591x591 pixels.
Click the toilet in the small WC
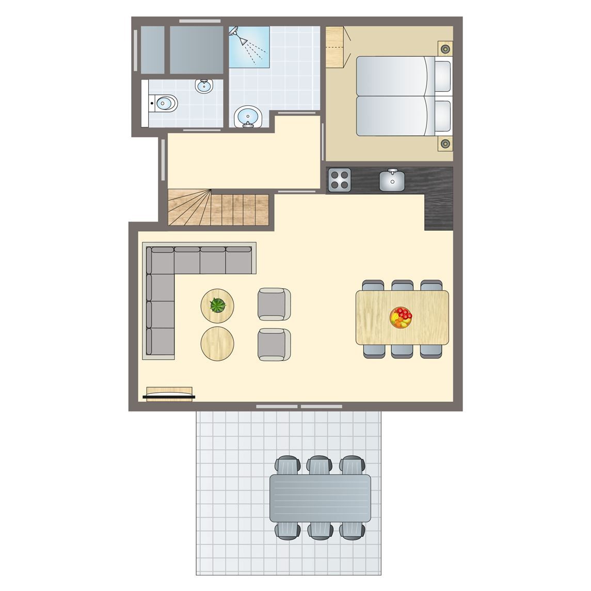coord(164,104)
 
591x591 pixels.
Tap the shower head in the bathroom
coord(234,33)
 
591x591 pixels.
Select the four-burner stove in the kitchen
coord(340,180)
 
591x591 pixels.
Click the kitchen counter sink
coord(392,179)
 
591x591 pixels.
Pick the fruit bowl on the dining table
coord(401,317)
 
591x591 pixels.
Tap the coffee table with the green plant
coord(217,306)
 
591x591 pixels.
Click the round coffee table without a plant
coord(217,342)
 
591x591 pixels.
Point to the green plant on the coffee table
coord(218,305)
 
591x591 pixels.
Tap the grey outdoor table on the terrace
coord(320,498)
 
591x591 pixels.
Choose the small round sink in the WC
coord(204,86)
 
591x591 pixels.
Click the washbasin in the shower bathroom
coord(248,117)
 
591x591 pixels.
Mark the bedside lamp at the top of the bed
coord(444,49)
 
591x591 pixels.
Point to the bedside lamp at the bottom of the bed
coord(444,143)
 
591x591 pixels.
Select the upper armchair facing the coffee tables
coord(274,304)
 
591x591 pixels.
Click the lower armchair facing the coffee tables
coord(274,344)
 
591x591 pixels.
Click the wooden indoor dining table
coord(402,317)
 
